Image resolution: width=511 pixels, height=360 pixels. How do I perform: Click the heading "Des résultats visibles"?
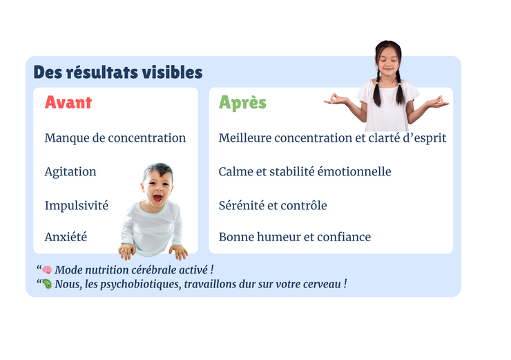pos(118,72)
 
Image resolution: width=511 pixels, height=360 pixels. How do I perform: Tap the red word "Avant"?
pos(68,102)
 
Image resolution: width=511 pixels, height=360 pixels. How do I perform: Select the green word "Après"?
pos(242,102)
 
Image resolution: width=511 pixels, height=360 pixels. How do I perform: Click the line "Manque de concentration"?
pos(115,138)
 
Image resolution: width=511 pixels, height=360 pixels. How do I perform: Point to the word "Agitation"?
pos(70,171)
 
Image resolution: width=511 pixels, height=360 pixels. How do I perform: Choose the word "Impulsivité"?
pos(77,205)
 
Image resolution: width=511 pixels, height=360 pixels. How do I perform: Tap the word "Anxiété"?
pos(66,236)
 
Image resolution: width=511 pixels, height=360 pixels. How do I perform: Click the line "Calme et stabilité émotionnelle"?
pos(305,171)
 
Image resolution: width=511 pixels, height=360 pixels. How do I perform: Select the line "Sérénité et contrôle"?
pos(273,205)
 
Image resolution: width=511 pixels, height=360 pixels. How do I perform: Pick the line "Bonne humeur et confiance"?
pos(295,237)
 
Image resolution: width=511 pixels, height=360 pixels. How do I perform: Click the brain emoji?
pos(47,269)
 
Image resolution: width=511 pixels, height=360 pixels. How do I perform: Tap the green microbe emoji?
pos(47,284)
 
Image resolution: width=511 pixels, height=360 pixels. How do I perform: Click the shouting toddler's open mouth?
pos(157,198)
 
